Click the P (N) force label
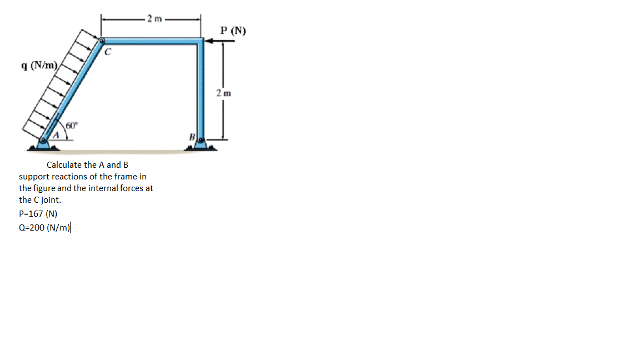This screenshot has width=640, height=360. coord(233,31)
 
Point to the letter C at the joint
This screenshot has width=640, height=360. coord(109,53)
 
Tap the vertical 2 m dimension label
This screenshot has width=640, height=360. coord(224,93)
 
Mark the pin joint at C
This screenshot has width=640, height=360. coord(102,41)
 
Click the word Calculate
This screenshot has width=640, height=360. coord(64,165)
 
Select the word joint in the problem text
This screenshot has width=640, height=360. coord(49,199)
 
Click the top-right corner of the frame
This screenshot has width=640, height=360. coord(200,41)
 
